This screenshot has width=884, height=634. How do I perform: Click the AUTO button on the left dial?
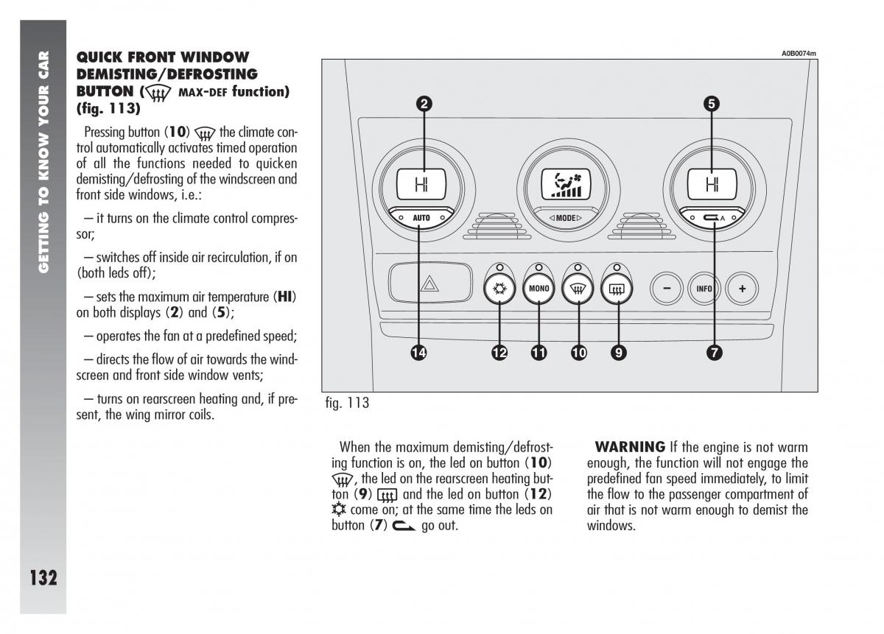pyautogui.click(x=421, y=218)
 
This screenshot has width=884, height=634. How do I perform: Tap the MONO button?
pyautogui.click(x=539, y=289)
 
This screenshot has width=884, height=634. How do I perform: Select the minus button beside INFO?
pyautogui.click(x=667, y=289)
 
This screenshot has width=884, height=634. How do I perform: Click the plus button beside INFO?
pyautogui.click(x=742, y=289)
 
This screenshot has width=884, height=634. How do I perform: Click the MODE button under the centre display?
pyautogui.click(x=566, y=218)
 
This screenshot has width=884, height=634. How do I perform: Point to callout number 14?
pyautogui.click(x=419, y=353)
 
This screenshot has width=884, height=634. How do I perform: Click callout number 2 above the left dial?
pyautogui.click(x=424, y=104)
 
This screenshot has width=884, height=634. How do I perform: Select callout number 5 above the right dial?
pyautogui.click(x=712, y=104)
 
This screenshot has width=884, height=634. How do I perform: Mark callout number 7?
pyautogui.click(x=714, y=353)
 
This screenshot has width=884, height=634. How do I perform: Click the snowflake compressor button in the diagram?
pyautogui.click(x=499, y=289)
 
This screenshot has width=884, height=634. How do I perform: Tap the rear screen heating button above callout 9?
pyautogui.click(x=617, y=289)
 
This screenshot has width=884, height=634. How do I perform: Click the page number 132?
pyautogui.click(x=43, y=577)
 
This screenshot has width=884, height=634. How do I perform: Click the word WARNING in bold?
pyautogui.click(x=630, y=447)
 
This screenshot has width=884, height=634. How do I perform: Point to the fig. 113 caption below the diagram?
pyautogui.click(x=347, y=403)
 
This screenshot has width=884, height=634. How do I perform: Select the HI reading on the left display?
pyautogui.click(x=421, y=184)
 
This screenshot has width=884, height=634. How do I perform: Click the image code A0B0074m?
pyautogui.click(x=799, y=53)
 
